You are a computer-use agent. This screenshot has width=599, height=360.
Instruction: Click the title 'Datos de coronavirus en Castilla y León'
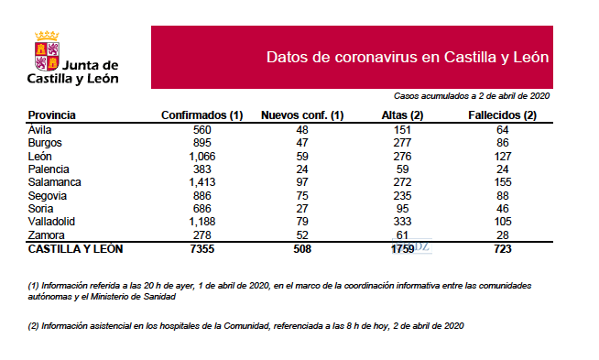(x=407, y=57)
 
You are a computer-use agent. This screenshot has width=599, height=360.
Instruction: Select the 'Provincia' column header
(x=51, y=116)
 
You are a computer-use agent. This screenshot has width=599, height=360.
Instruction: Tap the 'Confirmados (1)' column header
(x=201, y=116)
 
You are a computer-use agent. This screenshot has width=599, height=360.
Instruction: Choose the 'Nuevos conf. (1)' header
(x=302, y=116)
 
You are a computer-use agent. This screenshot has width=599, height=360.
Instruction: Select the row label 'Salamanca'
(x=56, y=182)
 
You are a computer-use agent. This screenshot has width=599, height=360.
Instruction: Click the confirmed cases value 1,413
(x=201, y=182)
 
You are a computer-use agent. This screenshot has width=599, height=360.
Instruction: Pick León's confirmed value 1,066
(x=201, y=156)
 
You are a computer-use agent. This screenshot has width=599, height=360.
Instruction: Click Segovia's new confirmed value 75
(x=302, y=195)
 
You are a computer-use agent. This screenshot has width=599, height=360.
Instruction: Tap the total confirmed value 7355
(x=201, y=248)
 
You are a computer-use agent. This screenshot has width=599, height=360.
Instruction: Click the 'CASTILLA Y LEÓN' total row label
(x=75, y=248)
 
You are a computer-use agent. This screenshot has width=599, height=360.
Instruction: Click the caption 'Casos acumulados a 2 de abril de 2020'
(x=471, y=95)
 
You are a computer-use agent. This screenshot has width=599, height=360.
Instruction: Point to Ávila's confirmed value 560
(x=201, y=129)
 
